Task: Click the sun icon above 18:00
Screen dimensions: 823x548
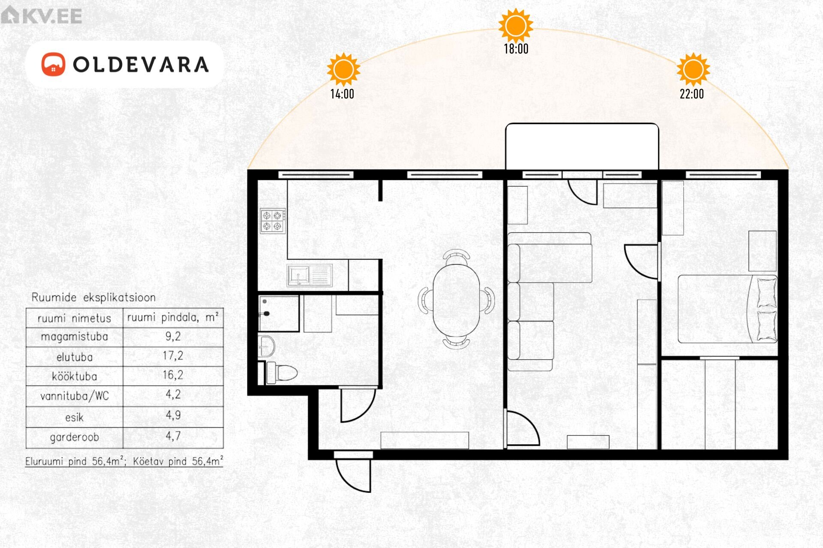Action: click(x=516, y=26)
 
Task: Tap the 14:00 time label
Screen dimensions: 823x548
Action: click(x=342, y=94)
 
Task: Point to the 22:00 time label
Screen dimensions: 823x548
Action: click(x=692, y=94)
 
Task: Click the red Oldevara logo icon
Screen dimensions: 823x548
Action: click(x=53, y=64)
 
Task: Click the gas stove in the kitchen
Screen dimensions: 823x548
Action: click(x=272, y=220)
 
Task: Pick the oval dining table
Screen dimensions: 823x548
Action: click(x=456, y=300)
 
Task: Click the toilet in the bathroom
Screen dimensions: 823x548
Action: click(x=282, y=373)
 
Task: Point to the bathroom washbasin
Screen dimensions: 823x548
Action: click(x=266, y=346)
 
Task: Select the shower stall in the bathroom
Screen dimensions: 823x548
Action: click(x=279, y=313)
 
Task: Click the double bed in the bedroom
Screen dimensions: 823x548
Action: click(x=727, y=309)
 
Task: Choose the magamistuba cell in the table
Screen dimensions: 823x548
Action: click(x=74, y=337)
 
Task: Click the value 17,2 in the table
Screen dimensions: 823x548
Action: click(x=173, y=356)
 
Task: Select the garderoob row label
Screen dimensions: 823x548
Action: click(x=74, y=437)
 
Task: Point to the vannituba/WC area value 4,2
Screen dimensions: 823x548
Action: click(x=173, y=394)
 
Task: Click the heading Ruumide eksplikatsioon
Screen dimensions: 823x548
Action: click(x=93, y=298)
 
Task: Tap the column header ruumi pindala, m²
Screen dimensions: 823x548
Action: click(x=173, y=317)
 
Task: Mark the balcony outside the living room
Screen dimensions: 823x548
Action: click(x=582, y=146)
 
